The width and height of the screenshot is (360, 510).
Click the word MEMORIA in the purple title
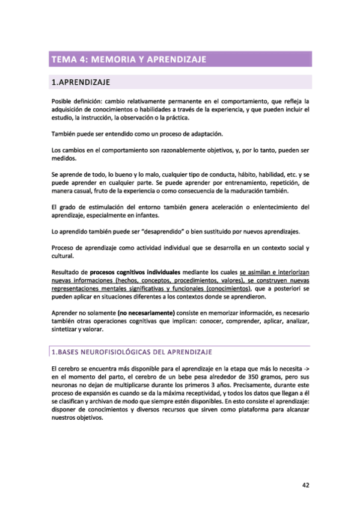(x=114, y=59)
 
